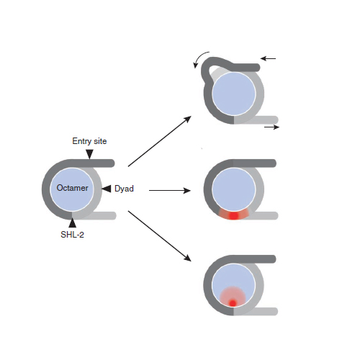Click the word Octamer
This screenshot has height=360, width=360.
pyautogui.click(x=72, y=188)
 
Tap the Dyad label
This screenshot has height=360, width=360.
pyautogui.click(x=124, y=189)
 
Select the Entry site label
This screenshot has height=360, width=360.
pyautogui.click(x=89, y=141)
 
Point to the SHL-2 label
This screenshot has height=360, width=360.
pyautogui.click(x=72, y=235)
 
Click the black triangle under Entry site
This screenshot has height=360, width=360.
pyautogui.click(x=89, y=154)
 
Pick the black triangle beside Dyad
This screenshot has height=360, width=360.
pyautogui.click(x=107, y=189)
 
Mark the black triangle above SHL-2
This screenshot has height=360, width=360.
pyautogui.click(x=72, y=223)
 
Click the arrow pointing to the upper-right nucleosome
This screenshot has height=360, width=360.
pyautogui.click(x=160, y=141)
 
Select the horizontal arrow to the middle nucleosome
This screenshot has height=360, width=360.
pyautogui.click(x=170, y=191)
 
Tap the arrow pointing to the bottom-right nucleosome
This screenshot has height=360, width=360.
pyautogui.click(x=160, y=236)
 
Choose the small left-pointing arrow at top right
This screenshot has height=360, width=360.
pyautogui.click(x=268, y=58)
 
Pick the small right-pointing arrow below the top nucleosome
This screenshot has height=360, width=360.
pyautogui.click(x=272, y=127)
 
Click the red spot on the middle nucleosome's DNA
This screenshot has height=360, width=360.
pyautogui.click(x=233, y=215)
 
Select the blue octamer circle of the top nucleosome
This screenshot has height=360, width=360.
pyautogui.click(x=234, y=94)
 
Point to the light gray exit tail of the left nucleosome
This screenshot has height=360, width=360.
pyautogui.click(x=101, y=215)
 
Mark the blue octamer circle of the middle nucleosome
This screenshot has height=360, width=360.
pyautogui.click(x=234, y=189)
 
